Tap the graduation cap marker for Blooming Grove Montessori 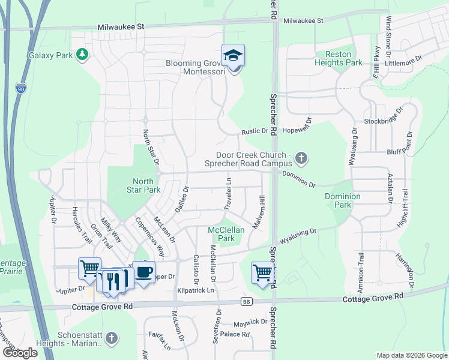click(233, 56)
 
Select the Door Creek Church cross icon click(301, 159)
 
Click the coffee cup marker click(144, 272)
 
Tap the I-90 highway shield click(21, 88)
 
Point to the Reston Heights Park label click(343, 58)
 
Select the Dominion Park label click(342, 200)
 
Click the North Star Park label click(146, 185)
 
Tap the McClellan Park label click(221, 234)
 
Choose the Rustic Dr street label click(255, 131)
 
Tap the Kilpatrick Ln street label click(196, 290)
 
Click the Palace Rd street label click(234, 334)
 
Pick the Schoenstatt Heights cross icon click(110, 339)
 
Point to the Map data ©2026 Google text click(411, 355)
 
